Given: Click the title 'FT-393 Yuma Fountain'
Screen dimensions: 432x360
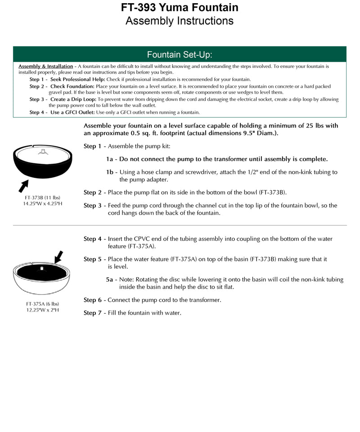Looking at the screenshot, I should (x=180, y=8).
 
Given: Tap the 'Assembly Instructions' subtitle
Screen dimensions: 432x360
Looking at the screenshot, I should (x=180, y=21).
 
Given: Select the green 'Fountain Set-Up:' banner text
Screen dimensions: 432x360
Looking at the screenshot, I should (x=180, y=55).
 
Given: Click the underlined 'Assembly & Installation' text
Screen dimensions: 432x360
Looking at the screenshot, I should (x=45, y=66).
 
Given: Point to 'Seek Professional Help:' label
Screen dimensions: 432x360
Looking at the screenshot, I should (x=78, y=79).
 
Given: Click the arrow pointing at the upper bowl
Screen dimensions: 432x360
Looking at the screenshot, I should (x=23, y=184).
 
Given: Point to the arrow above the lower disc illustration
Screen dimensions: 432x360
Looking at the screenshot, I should (x=58, y=257).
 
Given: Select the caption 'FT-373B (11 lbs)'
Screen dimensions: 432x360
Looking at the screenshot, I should (x=42, y=198).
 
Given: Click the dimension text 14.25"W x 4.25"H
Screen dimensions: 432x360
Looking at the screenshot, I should (x=42, y=204).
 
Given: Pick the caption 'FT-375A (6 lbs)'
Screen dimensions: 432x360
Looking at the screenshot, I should (x=42, y=304).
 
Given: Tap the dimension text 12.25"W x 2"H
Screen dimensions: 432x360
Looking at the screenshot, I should (x=42, y=310).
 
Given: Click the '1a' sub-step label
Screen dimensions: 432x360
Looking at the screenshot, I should (x=110, y=159).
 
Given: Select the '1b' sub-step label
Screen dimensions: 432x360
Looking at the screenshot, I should (x=110, y=172).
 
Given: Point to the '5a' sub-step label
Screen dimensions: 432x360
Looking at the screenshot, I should (x=110, y=279).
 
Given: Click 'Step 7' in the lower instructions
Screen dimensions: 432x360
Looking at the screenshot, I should (x=93, y=313).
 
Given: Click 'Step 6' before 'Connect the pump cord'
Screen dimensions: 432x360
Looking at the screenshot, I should (x=93, y=300).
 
